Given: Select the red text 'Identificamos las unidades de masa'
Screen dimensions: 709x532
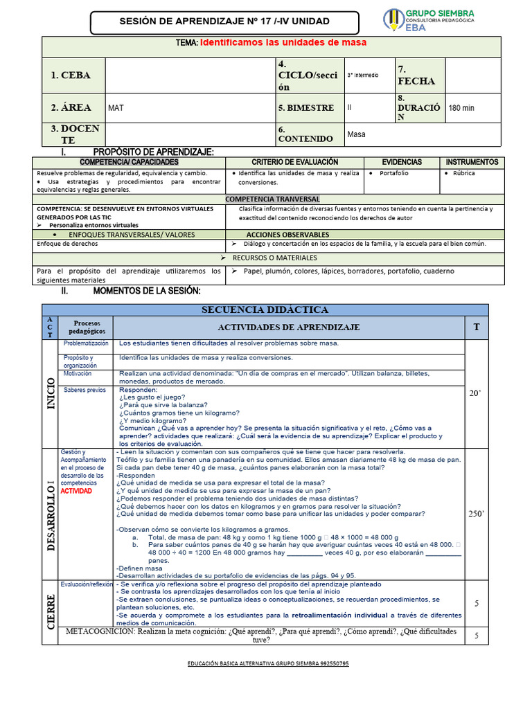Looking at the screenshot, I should click(283, 43).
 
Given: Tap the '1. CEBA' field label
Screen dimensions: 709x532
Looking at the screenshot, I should click(71, 75).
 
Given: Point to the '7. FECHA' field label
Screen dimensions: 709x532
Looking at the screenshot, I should click(416, 75).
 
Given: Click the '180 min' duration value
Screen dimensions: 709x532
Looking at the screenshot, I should click(462, 108).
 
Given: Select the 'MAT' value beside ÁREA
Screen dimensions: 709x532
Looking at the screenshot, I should click(116, 108).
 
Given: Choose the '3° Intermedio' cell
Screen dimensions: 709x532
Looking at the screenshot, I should click(363, 75).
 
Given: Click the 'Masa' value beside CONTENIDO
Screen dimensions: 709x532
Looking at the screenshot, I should click(357, 134).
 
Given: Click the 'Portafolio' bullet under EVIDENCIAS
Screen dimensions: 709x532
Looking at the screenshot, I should click(393, 173).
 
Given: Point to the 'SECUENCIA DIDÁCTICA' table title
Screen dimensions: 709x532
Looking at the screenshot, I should click(265, 309).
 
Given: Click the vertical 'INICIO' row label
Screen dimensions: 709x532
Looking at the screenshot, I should click(51, 393).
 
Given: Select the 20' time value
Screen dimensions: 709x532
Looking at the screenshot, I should click(475, 393).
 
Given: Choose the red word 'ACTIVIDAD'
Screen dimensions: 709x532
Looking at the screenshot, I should click(76, 491).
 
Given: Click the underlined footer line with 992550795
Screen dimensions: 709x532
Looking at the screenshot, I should click(268, 664).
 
